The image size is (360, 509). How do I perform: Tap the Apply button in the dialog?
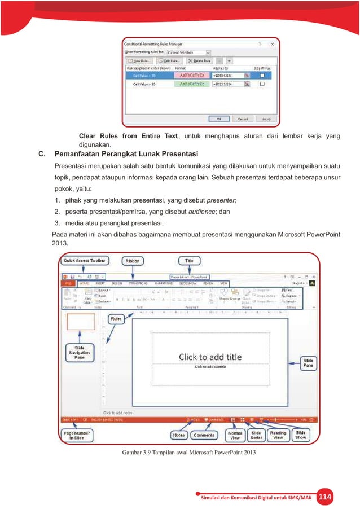266,119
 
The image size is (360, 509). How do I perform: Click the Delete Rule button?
200,60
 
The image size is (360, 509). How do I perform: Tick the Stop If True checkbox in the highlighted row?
262,75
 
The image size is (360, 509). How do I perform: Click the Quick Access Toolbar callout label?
84,261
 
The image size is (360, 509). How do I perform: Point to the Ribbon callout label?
133,261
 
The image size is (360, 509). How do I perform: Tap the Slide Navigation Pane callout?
80,353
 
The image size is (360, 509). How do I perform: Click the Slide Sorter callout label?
256,436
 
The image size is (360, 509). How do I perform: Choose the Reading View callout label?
278,436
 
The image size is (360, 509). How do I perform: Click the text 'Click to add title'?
210,357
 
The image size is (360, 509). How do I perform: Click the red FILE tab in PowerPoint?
70,283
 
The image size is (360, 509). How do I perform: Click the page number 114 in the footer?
324,497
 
